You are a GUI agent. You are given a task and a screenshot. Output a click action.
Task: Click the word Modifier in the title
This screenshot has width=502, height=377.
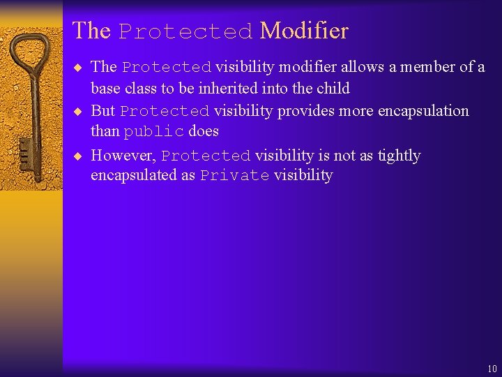point(303,31)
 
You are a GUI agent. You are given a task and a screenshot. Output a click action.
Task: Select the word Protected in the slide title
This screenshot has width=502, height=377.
point(185,32)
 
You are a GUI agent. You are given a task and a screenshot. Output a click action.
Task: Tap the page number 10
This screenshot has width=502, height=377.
point(492,369)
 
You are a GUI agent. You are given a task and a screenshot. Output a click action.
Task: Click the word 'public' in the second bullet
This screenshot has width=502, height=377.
point(154,132)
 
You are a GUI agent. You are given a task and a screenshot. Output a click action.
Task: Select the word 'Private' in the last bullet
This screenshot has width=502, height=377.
point(234,176)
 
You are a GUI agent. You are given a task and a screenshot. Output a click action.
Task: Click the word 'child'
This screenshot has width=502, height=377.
point(333,89)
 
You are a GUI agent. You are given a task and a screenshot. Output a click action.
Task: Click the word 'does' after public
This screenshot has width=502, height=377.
point(203,131)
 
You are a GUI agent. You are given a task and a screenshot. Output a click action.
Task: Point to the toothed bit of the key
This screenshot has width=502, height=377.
point(25,149)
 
